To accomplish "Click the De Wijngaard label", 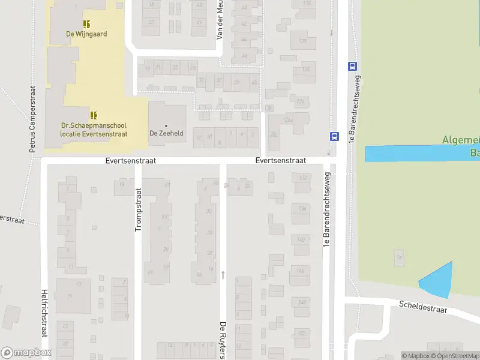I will [x=86, y=34].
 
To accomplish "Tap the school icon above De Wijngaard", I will [x=86, y=24].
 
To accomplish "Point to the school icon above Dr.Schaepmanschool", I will [x=94, y=115].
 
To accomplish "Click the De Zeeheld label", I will [x=166, y=133].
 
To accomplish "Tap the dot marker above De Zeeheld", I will [x=166, y=125].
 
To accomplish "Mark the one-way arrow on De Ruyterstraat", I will [x=223, y=275].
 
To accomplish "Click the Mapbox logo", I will [x=26, y=353].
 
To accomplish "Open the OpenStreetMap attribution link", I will [x=455, y=356].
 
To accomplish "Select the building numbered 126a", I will [x=289, y=120].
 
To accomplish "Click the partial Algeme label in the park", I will [x=460, y=140].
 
